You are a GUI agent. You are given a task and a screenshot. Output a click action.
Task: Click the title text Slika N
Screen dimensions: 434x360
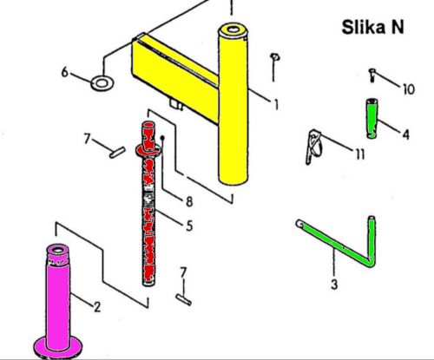tap(372, 27)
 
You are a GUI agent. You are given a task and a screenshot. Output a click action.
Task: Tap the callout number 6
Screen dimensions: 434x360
tap(65, 72)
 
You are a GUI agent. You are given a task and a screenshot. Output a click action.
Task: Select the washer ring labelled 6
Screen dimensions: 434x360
tap(102, 83)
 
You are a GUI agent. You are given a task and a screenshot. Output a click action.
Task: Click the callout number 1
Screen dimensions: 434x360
tap(276, 104)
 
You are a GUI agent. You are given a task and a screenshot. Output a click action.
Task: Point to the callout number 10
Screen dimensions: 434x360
tap(409, 89)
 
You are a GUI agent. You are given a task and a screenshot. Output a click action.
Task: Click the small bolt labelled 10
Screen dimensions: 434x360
tap(372, 75)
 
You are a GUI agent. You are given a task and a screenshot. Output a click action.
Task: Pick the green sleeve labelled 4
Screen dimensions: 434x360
tap(372, 119)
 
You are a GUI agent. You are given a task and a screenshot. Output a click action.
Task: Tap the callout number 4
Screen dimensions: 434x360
tap(406, 134)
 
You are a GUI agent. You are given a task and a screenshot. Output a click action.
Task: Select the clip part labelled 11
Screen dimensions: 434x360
tap(313, 147)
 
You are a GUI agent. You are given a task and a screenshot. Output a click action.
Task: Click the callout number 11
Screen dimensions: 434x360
tap(360, 154)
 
